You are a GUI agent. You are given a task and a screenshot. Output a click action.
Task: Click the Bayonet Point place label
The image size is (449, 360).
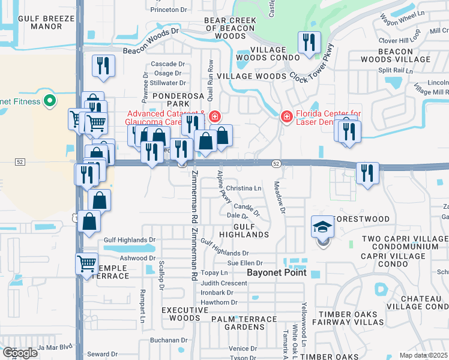point(277,272)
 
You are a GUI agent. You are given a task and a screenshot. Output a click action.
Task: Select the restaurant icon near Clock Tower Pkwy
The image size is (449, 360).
point(309,43)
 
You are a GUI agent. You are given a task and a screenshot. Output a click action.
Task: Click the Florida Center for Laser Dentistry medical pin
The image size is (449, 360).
point(287,115)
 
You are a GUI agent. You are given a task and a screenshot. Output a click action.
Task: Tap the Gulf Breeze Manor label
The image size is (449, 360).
point(46,23)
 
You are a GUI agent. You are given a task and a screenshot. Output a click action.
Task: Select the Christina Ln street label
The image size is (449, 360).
point(244,188)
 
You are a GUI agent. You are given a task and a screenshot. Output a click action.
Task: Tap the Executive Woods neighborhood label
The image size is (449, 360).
point(181,314)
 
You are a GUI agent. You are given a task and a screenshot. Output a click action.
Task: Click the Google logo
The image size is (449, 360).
point(20,353)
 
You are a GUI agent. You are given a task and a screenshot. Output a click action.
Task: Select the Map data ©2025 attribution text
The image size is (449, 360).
point(423,355)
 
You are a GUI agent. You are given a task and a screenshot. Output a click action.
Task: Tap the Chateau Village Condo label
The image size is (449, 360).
point(414,302)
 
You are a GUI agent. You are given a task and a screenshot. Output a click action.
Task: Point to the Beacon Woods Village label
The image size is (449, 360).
point(395,55)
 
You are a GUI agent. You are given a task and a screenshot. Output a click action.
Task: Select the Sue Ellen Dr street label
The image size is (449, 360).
point(245,263)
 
